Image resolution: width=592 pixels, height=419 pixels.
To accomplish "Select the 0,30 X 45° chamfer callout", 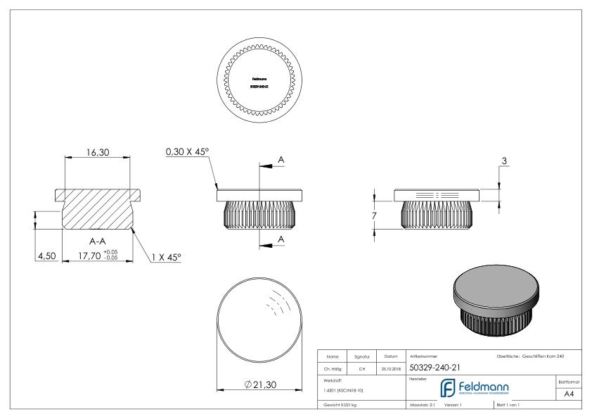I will tap(188, 152).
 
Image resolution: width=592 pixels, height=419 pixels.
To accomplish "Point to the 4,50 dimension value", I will tap(47, 256).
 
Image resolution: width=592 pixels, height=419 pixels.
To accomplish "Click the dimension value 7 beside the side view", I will tap(374, 214).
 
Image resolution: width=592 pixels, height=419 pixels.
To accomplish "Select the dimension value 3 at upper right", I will tap(504, 161).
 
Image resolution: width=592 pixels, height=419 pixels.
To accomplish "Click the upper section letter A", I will tap(281, 161).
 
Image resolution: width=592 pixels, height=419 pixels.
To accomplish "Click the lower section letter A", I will tap(281, 239).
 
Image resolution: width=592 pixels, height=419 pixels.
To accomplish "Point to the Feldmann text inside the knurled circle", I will tap(260, 79).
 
